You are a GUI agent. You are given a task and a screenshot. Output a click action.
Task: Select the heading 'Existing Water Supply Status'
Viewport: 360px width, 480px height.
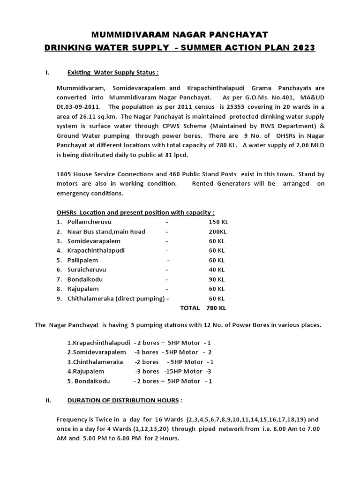pyautogui.click(x=113, y=73)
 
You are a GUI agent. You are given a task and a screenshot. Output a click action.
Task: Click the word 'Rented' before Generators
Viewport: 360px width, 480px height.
pyautogui.click(x=204, y=183)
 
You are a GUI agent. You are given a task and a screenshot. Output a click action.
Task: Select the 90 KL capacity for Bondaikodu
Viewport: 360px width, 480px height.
pyautogui.click(x=217, y=279)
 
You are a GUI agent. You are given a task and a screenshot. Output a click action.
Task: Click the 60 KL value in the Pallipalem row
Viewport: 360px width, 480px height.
pyautogui.click(x=217, y=260)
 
